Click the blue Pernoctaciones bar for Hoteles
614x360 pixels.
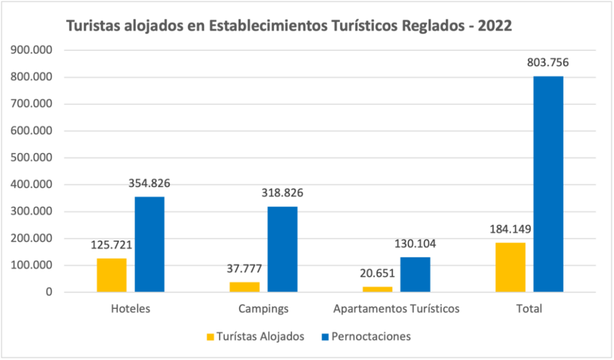tap(149, 244)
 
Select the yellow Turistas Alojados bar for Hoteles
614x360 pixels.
tap(112, 275)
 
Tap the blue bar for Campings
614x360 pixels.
tap(282, 249)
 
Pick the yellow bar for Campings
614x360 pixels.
tap(245, 287)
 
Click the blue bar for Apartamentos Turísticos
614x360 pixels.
tap(415, 275)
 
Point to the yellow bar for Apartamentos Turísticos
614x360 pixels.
tap(377, 289)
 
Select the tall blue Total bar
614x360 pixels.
tap(548, 184)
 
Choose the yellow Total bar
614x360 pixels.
tap(510, 267)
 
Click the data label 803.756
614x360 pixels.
tap(547, 62)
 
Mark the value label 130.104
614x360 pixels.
tap(415, 244)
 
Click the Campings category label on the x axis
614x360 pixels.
tap(263, 309)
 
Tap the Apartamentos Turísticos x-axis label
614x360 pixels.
tap(396, 309)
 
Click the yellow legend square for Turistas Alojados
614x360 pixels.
tap(209, 337)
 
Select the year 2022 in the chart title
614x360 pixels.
tap(495, 26)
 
